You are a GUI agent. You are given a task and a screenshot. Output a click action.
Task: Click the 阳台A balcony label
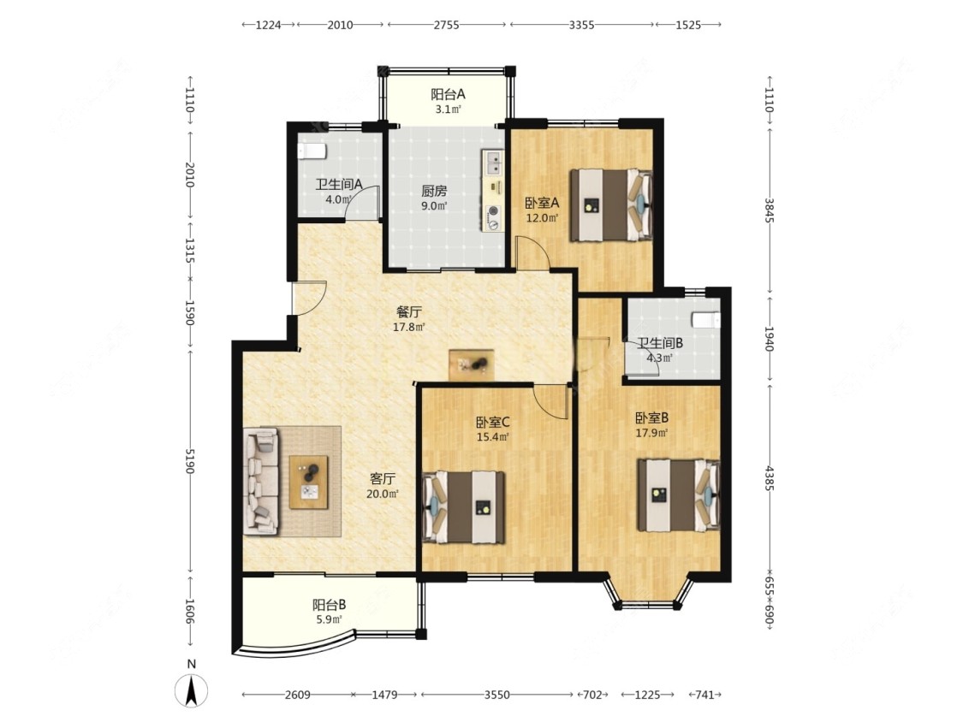448,94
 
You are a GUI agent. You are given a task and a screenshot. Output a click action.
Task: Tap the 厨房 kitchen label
434,191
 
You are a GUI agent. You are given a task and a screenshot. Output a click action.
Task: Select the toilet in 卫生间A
312,151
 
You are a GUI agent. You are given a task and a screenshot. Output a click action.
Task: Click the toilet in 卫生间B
705,320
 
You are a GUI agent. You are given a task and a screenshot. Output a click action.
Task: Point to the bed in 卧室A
610,205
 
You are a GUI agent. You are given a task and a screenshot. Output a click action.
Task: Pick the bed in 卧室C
464,507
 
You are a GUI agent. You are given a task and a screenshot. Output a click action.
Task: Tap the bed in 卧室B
679,494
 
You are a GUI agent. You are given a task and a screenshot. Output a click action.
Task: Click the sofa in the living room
262,481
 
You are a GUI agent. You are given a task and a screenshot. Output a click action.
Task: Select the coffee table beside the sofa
308,482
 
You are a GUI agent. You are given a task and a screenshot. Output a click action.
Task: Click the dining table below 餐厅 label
471,365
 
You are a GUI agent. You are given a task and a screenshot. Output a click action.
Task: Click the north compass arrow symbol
192,690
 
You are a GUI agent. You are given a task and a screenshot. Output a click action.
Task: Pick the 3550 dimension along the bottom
496,695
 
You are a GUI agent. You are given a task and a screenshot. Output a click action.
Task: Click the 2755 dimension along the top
447,25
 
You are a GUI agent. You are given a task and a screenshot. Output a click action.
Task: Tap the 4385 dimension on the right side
769,478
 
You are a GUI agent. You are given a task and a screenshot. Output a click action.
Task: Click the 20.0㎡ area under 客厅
382,494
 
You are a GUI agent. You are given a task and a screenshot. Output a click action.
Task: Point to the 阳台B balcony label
330,605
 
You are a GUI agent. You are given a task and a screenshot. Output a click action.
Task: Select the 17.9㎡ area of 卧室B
651,433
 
